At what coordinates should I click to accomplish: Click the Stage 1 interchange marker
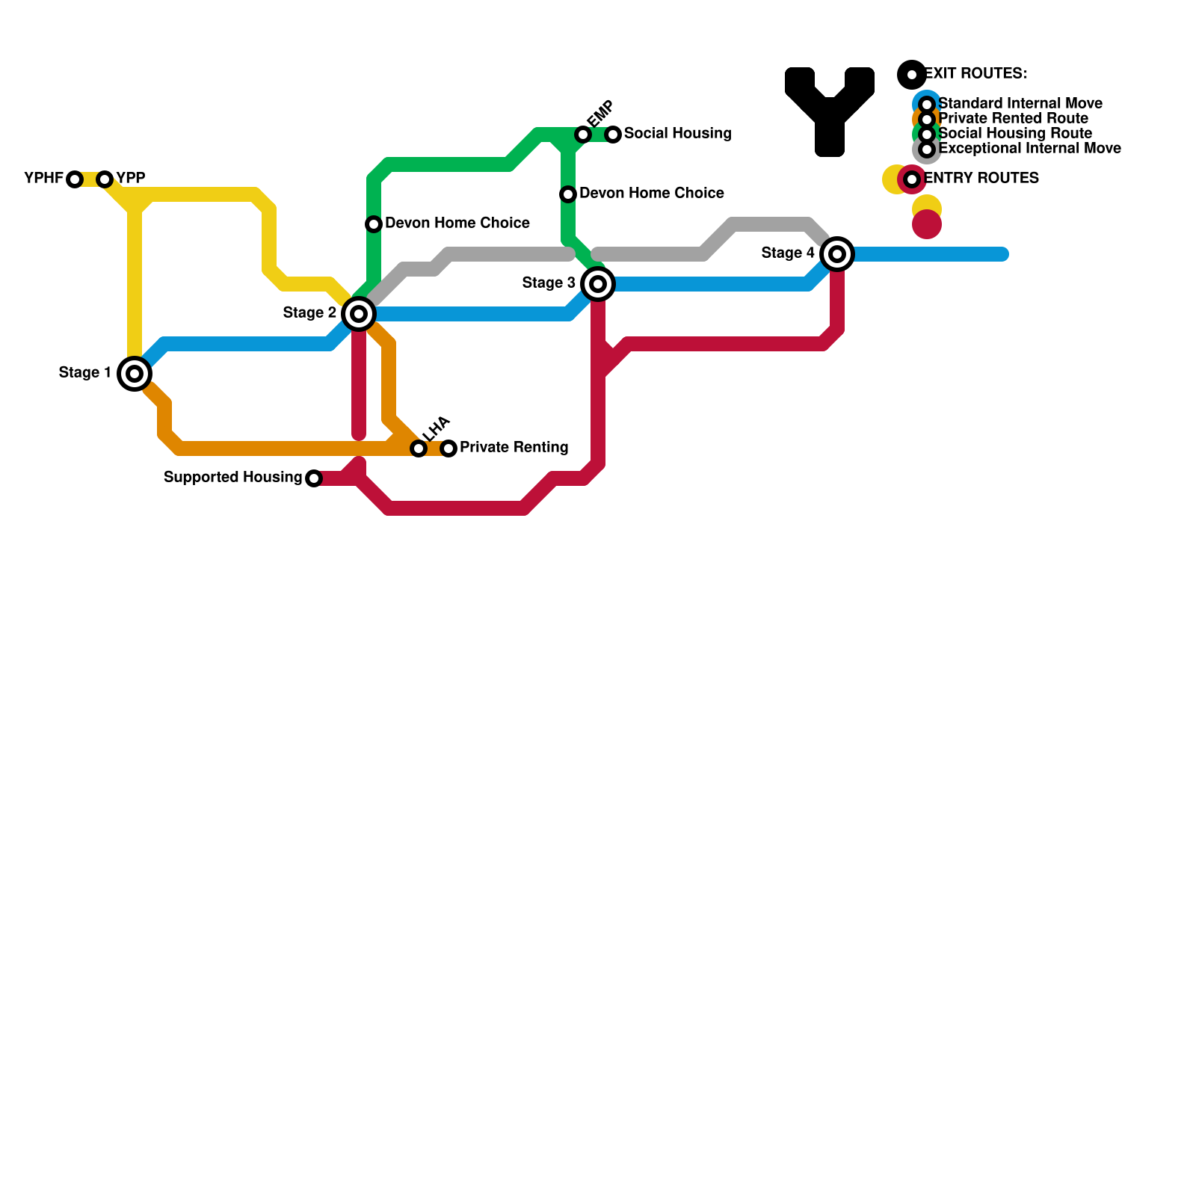point(135,374)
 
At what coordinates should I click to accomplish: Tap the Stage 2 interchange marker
point(359,314)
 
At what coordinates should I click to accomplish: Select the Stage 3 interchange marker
point(598,284)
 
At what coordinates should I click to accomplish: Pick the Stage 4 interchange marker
point(837,254)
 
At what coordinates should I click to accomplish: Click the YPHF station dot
point(75,179)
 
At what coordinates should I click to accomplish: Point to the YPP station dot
point(105,179)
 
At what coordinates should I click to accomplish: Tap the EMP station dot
point(583,135)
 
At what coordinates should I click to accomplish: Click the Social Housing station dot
point(613,135)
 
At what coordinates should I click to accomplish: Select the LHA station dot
point(419,449)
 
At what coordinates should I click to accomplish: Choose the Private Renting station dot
point(449,449)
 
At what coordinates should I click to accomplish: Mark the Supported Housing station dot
point(314,478)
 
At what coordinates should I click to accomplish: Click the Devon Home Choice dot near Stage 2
point(374,224)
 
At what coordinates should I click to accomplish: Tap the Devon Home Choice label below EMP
point(651,194)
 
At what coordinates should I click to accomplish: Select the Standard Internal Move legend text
point(1020,103)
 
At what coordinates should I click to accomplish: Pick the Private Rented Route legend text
point(1013,118)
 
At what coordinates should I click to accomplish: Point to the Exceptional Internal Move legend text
point(1029,148)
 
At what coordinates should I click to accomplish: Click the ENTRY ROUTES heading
point(981,178)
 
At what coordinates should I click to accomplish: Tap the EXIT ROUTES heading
point(975,73)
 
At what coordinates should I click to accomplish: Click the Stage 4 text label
point(788,253)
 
